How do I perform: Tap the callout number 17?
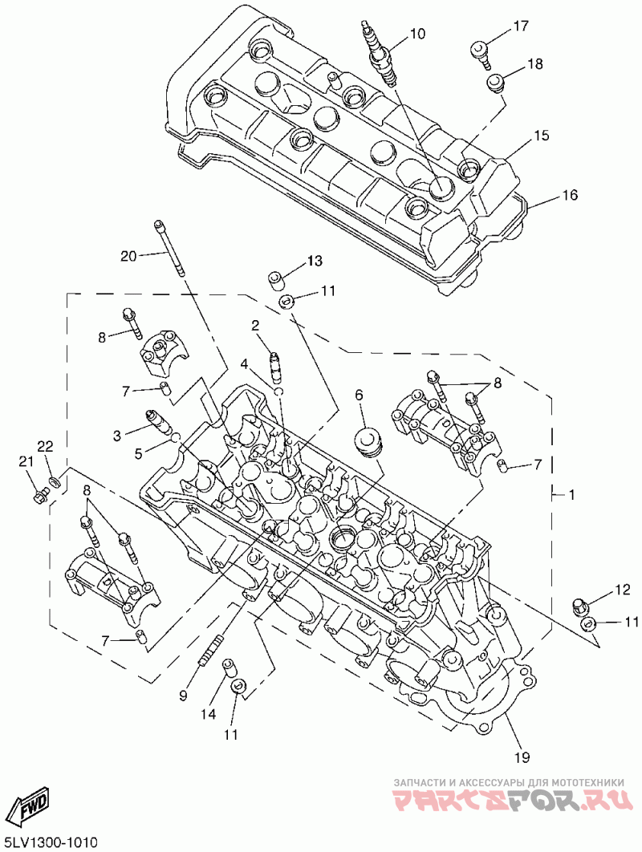pos(520,25)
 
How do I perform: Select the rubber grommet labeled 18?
pos(495,84)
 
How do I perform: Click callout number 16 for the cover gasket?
pos(569,194)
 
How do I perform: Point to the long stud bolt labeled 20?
pos(170,248)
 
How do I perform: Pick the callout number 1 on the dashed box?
pos(571,494)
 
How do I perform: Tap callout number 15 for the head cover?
pos(541,135)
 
